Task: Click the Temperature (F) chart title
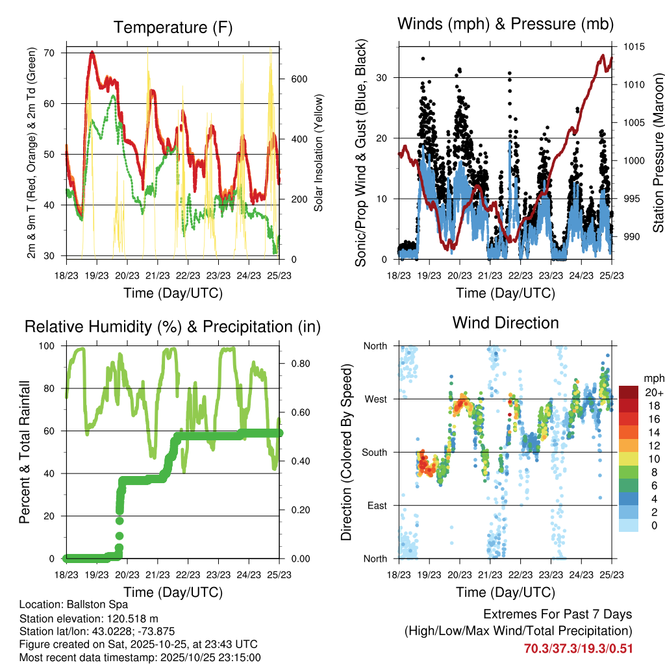(173, 28)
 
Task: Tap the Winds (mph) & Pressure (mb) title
(506, 24)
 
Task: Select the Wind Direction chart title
(505, 323)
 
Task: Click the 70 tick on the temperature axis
(50, 53)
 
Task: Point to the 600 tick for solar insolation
(299, 79)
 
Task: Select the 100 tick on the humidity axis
(47, 346)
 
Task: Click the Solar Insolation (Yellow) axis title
(319, 153)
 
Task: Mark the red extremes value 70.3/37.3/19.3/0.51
(577, 648)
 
